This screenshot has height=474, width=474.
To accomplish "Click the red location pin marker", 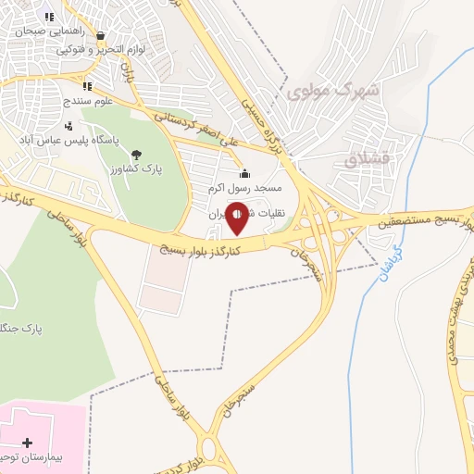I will point(237,219).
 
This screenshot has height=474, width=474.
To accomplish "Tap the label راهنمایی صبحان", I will point(46,31).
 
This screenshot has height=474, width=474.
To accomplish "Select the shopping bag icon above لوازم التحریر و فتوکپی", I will point(99,36).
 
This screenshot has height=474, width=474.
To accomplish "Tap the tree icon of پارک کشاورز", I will point(137,155).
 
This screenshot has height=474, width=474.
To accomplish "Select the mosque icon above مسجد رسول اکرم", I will point(244,174).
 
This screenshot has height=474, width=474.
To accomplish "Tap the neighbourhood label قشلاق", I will point(364,158).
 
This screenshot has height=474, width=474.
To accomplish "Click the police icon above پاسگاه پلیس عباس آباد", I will point(69,126).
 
